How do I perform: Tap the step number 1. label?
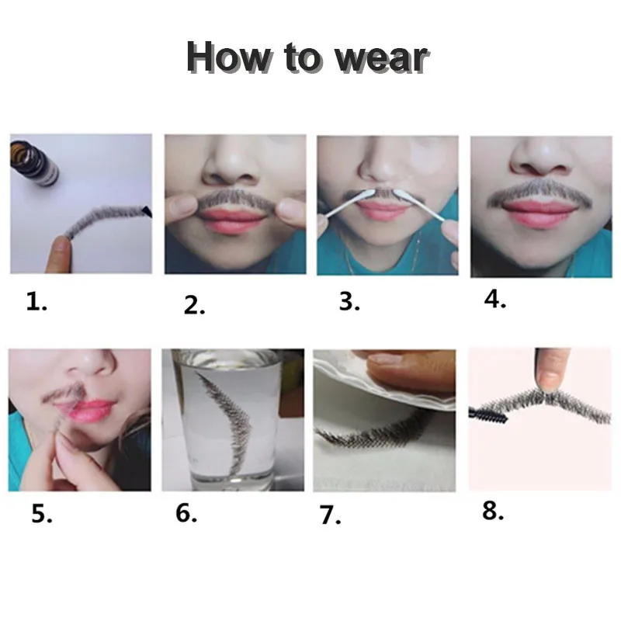pyautogui.click(x=36, y=302)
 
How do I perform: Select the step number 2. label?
pyautogui.click(x=194, y=305)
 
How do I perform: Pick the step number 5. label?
pyautogui.click(x=41, y=514)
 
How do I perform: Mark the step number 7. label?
pyautogui.click(x=331, y=515)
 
